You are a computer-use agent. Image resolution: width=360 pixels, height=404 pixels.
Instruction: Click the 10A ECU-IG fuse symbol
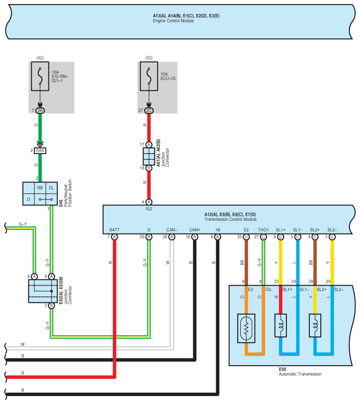pyautogui.click(x=149, y=76)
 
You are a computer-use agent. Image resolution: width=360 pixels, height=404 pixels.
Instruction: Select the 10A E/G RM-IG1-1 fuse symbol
pyautogui.click(x=40, y=76)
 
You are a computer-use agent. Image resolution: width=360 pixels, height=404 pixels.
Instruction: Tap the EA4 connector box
pyautogui.click(x=40, y=151)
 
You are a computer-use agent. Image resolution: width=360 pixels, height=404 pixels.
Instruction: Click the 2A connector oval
pyautogui.click(x=40, y=110)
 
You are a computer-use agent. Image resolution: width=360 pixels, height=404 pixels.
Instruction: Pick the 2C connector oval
pyautogui.click(x=149, y=110)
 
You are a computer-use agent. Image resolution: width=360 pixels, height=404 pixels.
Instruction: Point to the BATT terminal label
pyautogui.click(x=114, y=230)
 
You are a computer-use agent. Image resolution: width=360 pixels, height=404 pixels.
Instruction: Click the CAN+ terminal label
pyautogui.click(x=195, y=230)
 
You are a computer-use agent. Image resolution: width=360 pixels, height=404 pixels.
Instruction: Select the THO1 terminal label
pyautogui.click(x=263, y=230)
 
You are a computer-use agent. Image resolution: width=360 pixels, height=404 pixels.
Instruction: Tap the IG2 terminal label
pyautogui.click(x=149, y=209)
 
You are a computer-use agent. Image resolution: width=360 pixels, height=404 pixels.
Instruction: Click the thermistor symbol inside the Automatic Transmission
pyautogui.click(x=246, y=328)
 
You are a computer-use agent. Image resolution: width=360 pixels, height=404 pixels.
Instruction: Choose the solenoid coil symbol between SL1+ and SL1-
pyautogui.click(x=281, y=325)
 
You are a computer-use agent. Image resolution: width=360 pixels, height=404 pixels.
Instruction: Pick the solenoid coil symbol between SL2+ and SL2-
pyautogui.click(x=315, y=325)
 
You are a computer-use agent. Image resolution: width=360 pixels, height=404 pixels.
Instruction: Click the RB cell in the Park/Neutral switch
pyautogui.click(x=40, y=188)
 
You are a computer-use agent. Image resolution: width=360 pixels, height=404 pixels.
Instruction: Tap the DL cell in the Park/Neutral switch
pyautogui.click(x=52, y=188)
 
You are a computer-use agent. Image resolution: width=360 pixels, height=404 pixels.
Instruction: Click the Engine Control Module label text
pyautogui.click(x=173, y=21)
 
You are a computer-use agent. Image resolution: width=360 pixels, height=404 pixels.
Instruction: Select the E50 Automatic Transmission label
pyautogui.click(x=300, y=372)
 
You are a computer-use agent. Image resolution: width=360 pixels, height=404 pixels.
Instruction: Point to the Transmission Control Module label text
pyautogui.click(x=230, y=219)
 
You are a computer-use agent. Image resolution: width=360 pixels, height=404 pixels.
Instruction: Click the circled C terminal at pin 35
pyautogui.click(x=246, y=237)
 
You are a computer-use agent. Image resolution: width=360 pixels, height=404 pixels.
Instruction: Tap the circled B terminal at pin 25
pyautogui.click(x=149, y=237)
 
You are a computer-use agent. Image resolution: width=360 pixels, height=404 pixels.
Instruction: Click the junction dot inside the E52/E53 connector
pyautogui.click(x=52, y=291)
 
